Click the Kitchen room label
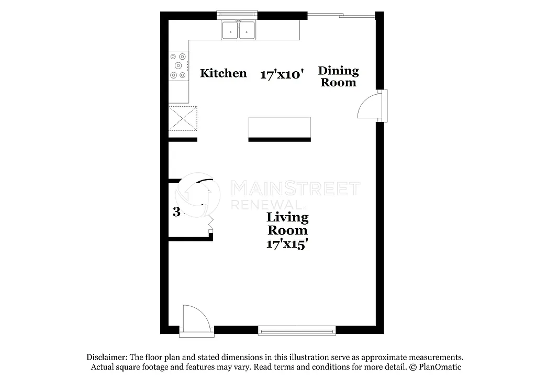(223, 73)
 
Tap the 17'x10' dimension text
(282, 75)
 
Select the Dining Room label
(338, 76)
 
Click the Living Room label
(287, 224)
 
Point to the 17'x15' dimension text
(287, 243)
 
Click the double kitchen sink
(239, 30)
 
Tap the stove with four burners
(178, 65)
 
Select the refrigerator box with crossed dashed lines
(183, 118)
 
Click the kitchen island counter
(279, 127)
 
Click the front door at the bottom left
(195, 319)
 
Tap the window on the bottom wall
(297, 330)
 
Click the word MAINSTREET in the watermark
(295, 188)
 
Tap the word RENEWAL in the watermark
(265, 204)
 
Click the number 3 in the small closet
(176, 212)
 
